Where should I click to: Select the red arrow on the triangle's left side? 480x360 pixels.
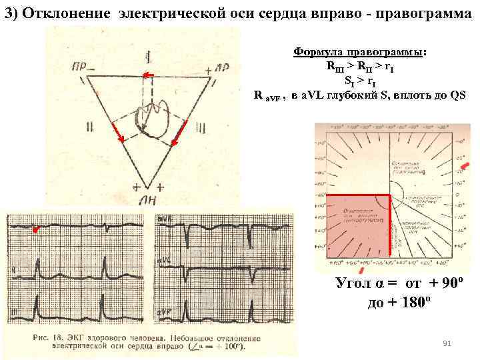[x=118, y=133]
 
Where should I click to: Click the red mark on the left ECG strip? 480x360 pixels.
[x=37, y=229]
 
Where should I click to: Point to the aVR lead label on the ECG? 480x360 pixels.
[x=164, y=218]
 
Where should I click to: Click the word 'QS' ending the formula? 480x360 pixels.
[x=458, y=94]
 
